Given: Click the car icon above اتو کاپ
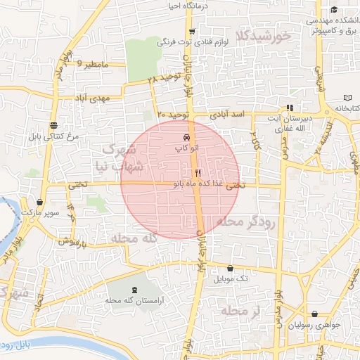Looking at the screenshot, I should pyautogui.click(x=186, y=137).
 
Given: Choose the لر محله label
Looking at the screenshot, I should pyautogui.click(x=240, y=311).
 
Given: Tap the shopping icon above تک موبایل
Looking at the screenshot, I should pyautogui.click(x=231, y=268).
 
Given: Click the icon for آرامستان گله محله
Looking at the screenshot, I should pyautogui.click(x=134, y=290).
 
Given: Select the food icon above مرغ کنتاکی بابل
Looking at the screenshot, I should pyautogui.click(x=54, y=124).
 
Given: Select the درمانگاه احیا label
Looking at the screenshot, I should pyautogui.click(x=168, y=6).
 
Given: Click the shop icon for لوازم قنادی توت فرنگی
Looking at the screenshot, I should pyautogui.click(x=191, y=32).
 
